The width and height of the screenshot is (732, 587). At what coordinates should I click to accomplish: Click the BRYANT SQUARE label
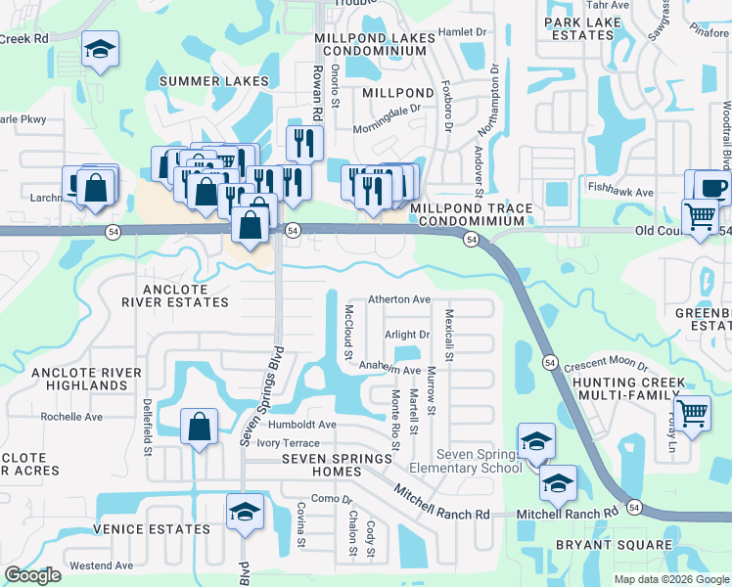coord(601,545)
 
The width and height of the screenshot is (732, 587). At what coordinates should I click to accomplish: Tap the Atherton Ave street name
coord(398,299)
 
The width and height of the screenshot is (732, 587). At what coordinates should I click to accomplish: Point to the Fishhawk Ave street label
coord(619,193)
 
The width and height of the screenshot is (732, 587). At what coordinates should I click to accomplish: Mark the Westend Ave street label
coord(101,565)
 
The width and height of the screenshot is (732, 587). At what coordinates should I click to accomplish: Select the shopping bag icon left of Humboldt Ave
coord(199,427)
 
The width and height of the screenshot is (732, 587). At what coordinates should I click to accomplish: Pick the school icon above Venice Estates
coord(245,512)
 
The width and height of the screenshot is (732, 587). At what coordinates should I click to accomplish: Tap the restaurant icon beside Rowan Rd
coord(305,143)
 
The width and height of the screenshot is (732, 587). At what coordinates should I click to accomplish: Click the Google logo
coord(32,575)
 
